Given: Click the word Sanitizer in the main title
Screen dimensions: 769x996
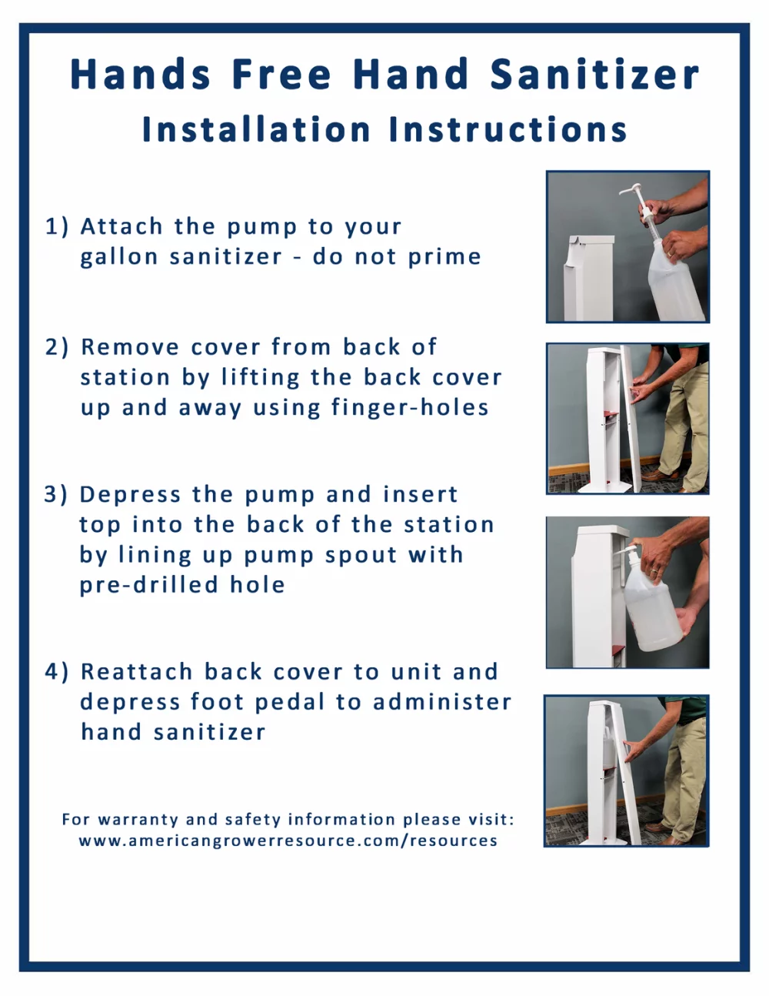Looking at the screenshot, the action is tap(594, 74).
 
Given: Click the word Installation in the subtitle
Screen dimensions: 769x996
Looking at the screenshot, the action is tap(256, 130).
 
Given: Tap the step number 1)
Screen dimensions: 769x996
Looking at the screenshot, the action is tap(57, 226).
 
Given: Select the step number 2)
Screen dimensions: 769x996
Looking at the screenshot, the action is tap(57, 347).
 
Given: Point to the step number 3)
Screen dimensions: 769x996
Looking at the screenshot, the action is tap(56, 495).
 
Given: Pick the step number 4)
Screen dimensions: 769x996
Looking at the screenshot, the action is tap(57, 672).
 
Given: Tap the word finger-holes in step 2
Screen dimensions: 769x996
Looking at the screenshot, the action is tap(410, 407).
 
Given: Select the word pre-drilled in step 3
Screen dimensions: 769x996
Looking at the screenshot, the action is tap(148, 585).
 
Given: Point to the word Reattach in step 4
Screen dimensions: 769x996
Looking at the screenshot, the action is tap(136, 672).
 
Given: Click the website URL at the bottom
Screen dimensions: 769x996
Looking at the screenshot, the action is tap(288, 841).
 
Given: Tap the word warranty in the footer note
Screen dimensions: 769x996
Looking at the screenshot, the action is tap(138, 820).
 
